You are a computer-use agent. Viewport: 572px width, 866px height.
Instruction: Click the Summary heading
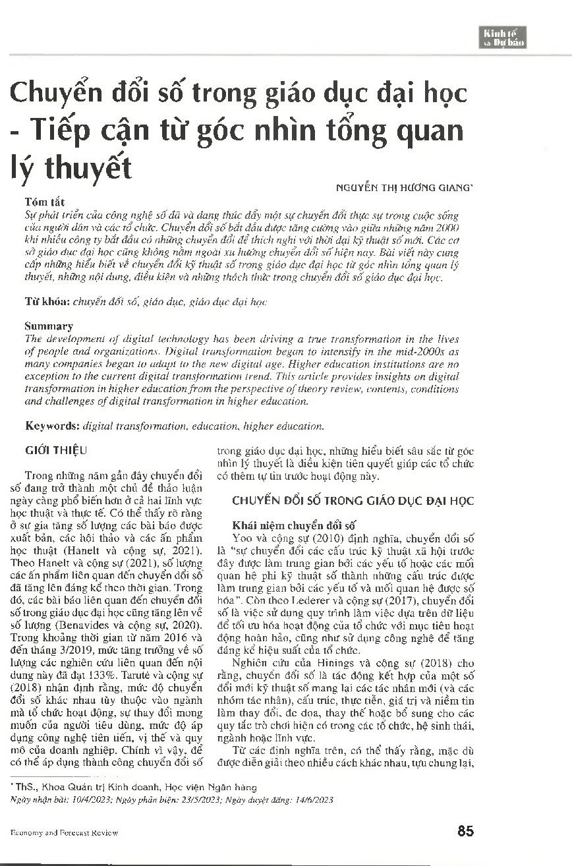[49, 326]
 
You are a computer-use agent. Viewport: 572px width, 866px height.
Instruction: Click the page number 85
[465, 831]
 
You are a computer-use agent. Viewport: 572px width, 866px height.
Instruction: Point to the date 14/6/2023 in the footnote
[313, 799]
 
